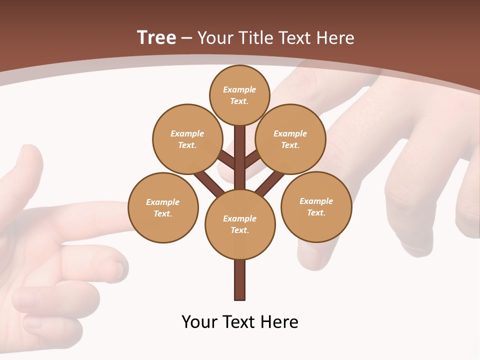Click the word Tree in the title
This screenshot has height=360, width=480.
(156, 37)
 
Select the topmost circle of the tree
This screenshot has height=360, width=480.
(240, 95)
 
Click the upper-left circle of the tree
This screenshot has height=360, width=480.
(187, 139)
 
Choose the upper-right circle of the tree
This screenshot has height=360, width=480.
(290, 139)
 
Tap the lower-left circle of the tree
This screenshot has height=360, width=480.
(163, 207)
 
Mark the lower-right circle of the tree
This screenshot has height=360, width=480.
(316, 206)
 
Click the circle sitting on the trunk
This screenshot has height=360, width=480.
(240, 224)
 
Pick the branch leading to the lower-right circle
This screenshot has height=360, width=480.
(270, 183)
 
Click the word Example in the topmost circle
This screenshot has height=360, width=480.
(239, 89)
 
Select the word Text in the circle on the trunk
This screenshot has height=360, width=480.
(240, 230)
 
